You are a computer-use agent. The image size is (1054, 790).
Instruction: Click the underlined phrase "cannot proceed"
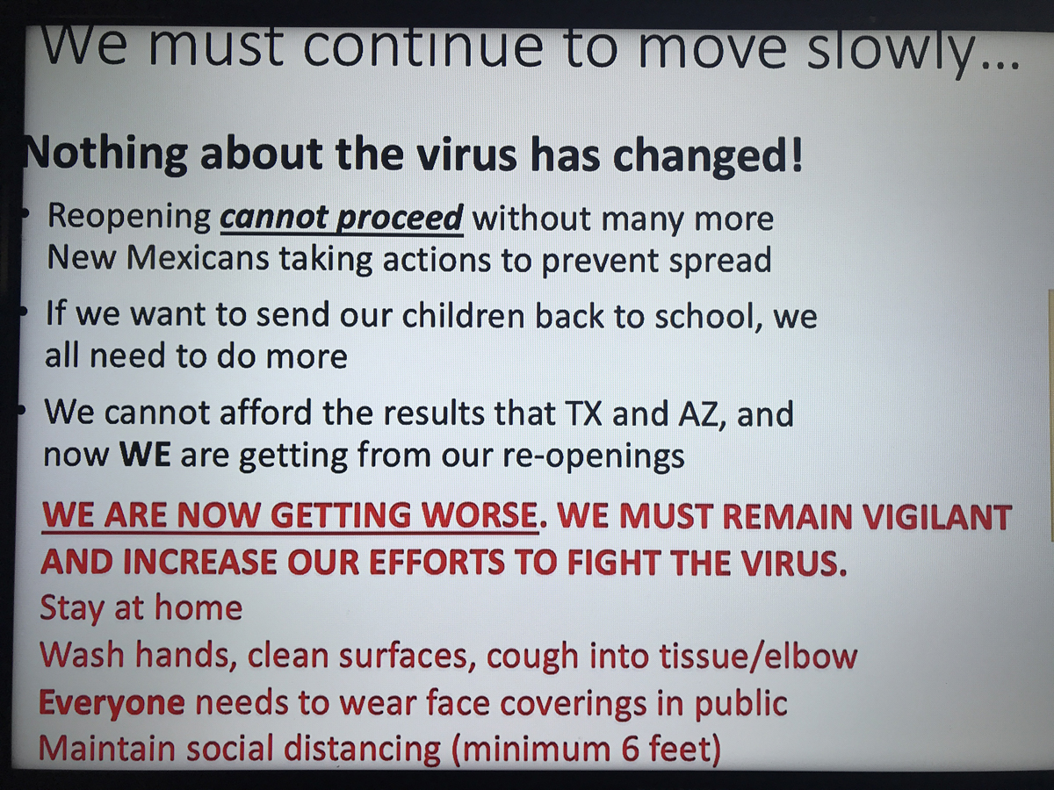342,219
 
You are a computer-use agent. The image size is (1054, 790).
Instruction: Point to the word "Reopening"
129,217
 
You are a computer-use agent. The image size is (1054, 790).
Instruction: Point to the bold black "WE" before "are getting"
145,454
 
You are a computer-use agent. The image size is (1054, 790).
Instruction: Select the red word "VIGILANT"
937,517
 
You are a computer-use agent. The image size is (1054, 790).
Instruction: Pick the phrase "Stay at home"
141,607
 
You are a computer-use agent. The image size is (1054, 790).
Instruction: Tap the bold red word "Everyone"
112,703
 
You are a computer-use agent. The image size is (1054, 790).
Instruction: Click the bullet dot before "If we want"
23,311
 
